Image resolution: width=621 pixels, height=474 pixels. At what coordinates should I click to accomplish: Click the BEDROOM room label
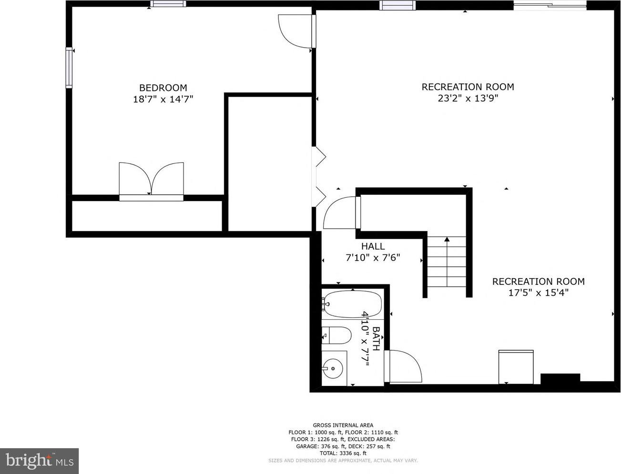tap(163, 88)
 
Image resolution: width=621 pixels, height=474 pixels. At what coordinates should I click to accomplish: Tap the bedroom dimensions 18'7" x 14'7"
tap(163, 99)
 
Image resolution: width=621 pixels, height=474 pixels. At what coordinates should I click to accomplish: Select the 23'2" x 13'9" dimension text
tap(468, 98)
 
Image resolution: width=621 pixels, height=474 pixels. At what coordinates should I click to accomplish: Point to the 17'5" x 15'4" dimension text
tap(539, 292)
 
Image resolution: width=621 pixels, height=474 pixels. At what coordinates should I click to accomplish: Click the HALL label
tap(373, 246)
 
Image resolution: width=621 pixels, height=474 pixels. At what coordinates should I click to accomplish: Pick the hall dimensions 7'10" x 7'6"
tap(373, 258)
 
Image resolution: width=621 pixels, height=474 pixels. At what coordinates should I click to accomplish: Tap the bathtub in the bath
tap(353, 304)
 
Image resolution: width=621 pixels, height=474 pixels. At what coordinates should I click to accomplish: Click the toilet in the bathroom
tap(336, 335)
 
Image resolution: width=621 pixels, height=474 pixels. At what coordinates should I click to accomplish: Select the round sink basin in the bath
tap(333, 368)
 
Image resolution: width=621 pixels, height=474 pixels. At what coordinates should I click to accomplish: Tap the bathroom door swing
tap(403, 366)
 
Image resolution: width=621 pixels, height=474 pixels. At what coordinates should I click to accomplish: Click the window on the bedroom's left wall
tap(69, 67)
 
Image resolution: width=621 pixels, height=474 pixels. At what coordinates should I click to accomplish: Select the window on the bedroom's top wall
tap(168, 3)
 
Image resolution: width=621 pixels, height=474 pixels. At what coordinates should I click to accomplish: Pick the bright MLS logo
tap(40, 461)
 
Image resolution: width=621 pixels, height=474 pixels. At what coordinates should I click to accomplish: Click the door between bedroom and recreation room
tap(296, 31)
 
